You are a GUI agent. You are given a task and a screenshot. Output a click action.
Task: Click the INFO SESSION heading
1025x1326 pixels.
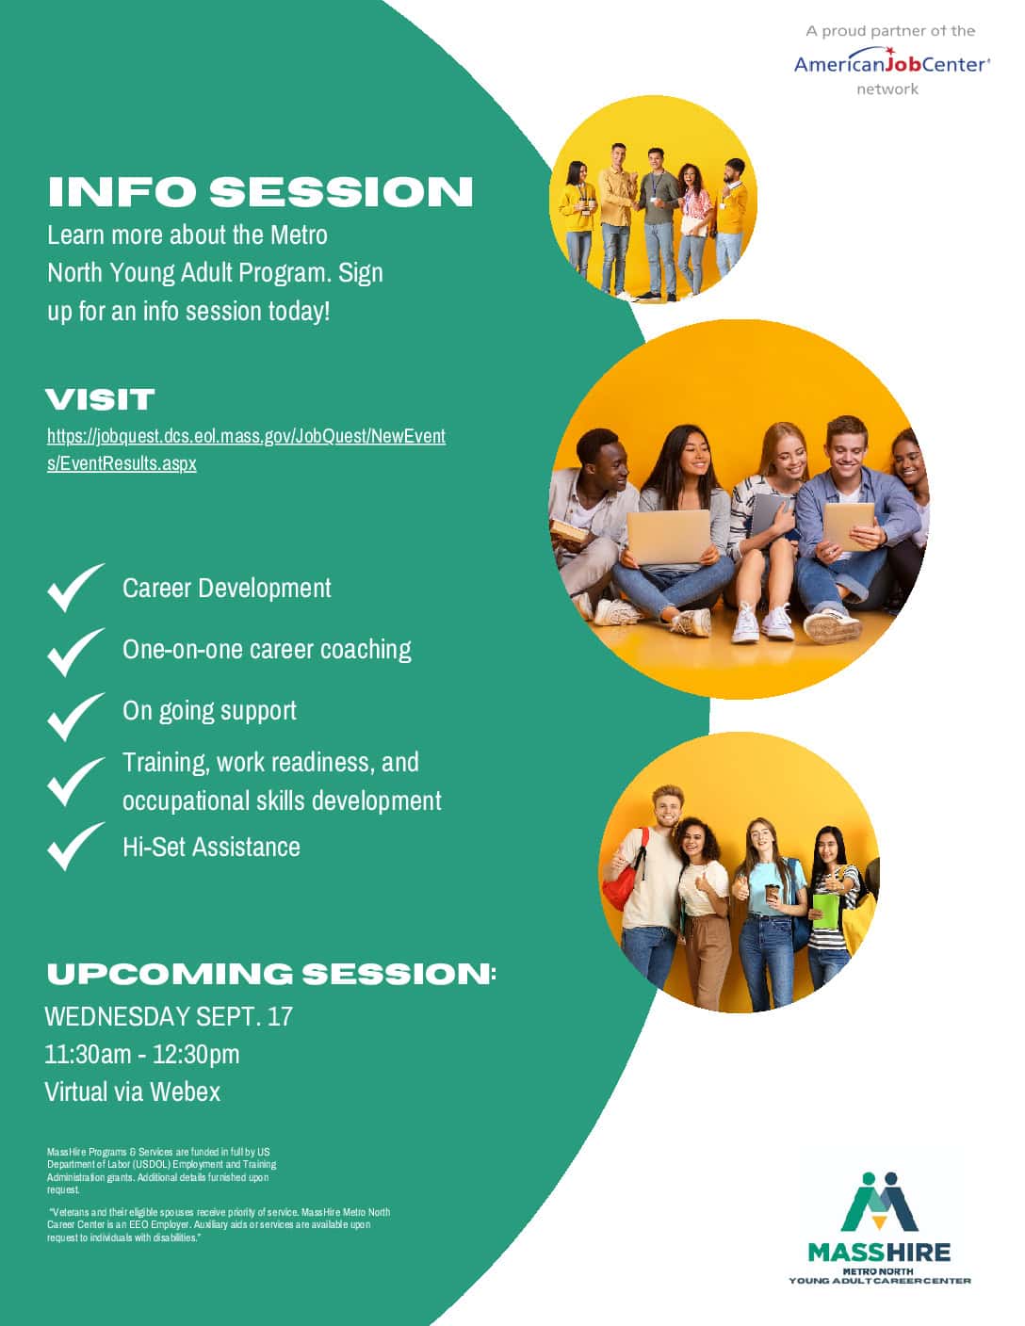pyautogui.click(x=260, y=191)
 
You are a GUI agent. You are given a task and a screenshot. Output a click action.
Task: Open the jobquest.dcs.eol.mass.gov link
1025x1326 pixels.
pyautogui.click(x=246, y=450)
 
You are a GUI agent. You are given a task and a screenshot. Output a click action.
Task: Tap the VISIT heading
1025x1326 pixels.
pyautogui.click(x=100, y=399)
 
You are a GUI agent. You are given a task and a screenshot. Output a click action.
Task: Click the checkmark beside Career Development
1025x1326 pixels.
pyautogui.click(x=76, y=587)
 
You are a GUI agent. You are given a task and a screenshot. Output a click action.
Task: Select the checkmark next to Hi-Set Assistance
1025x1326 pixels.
pyautogui.click(x=76, y=846)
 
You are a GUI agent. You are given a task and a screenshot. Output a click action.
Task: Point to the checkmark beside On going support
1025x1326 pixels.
pyautogui.click(x=76, y=717)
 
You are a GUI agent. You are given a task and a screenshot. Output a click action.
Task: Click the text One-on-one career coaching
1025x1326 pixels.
pyautogui.click(x=267, y=649)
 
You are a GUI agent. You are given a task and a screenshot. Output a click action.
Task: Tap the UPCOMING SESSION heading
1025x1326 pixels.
pyautogui.click(x=271, y=975)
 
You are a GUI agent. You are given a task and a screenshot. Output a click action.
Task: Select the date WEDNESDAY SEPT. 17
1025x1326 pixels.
pyautogui.click(x=169, y=1016)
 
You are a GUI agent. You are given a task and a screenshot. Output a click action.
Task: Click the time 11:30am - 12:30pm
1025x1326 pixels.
pyautogui.click(x=142, y=1055)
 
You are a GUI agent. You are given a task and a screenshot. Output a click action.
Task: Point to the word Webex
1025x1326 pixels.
pyautogui.click(x=185, y=1092)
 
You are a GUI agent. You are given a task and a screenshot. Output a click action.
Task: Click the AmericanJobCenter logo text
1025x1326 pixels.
pyautogui.click(x=892, y=63)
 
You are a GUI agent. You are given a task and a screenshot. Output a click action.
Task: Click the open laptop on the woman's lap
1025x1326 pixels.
pyautogui.click(x=669, y=537)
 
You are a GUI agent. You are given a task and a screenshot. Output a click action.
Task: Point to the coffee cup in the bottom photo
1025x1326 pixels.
pyautogui.click(x=773, y=894)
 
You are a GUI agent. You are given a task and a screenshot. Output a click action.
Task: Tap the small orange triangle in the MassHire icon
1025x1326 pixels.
pyautogui.click(x=879, y=1221)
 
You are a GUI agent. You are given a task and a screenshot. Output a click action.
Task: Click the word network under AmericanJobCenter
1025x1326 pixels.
pyautogui.click(x=887, y=89)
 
